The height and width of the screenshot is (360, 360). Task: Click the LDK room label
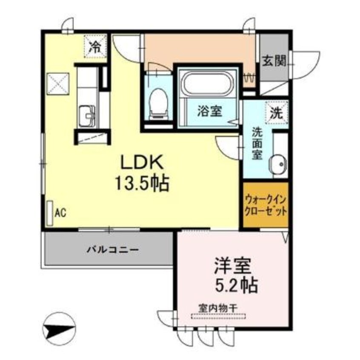click(142, 163)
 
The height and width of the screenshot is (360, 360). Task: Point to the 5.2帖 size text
click(236, 285)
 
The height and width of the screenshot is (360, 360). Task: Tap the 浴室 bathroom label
click(209, 112)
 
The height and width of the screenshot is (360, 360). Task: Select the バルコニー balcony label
click(113, 250)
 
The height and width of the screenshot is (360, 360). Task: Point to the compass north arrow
click(60, 328)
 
